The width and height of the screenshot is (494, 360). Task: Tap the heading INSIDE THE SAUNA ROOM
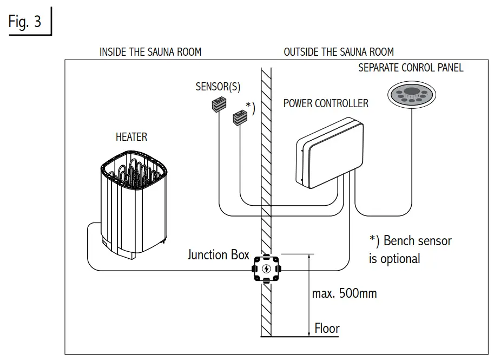150,52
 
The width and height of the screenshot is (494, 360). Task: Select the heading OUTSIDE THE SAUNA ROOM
339,52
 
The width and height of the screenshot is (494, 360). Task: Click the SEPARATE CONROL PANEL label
411,68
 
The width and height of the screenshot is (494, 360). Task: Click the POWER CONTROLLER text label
326,103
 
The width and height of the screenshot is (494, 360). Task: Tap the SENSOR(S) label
218,87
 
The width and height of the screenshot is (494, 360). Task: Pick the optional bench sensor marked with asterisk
240,115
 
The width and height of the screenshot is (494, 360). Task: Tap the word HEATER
131,136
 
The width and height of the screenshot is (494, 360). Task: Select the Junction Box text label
218,254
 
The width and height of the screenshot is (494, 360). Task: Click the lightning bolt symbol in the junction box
266,269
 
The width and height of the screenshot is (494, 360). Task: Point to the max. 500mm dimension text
344,294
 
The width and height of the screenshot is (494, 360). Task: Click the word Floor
327,328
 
